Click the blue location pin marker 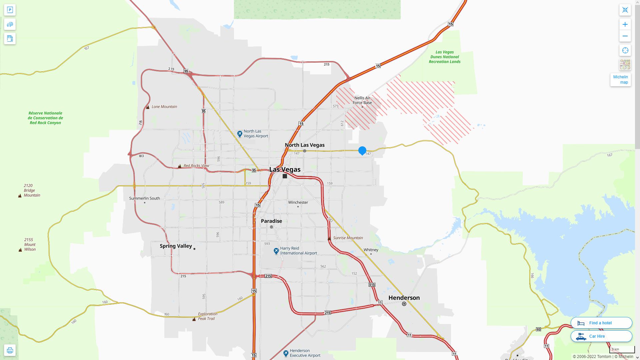[362, 151]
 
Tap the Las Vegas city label [285, 170]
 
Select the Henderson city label [404, 298]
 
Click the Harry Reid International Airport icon [276, 251]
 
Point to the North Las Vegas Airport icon [240, 134]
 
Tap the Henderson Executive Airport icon [286, 353]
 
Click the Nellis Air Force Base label [362, 100]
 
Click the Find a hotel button [601, 323]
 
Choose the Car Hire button [601, 336]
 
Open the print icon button [10, 350]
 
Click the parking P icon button [10, 10]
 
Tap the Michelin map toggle [620, 80]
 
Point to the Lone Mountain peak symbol [148, 107]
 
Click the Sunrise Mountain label [348, 238]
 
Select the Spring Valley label [176, 246]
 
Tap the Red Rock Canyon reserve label [45, 118]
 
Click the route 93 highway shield [538, 329]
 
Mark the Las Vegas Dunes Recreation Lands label [445, 57]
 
